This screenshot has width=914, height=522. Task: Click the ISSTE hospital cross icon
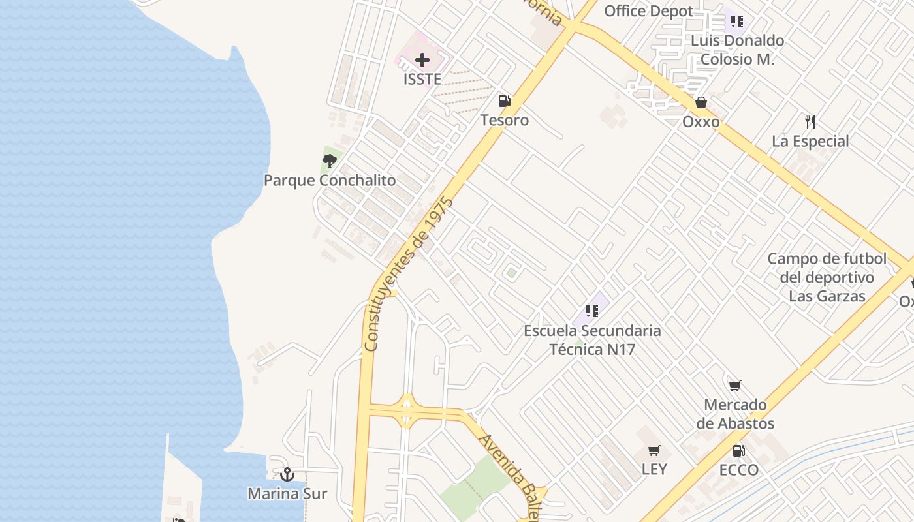(x=422, y=61)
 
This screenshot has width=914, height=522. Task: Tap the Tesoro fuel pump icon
(x=504, y=101)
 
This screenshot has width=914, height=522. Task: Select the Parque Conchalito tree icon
(x=330, y=161)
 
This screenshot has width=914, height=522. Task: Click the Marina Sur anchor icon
(x=287, y=474)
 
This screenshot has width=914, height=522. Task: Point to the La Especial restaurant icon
(x=810, y=121)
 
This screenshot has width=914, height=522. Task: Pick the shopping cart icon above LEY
(x=654, y=450)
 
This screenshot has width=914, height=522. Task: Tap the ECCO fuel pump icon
(x=738, y=451)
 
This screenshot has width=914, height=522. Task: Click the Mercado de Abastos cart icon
(x=735, y=386)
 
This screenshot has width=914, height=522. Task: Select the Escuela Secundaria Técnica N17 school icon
(x=592, y=311)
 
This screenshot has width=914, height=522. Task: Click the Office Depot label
(x=648, y=11)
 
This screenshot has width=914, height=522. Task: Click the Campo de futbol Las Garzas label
(x=827, y=277)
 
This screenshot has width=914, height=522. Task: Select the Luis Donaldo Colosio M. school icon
(x=737, y=22)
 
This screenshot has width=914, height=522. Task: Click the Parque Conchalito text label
(x=330, y=181)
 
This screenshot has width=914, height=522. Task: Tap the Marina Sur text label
(x=287, y=494)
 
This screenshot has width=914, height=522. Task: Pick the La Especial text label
(x=810, y=142)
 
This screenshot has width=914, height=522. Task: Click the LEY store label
(x=654, y=469)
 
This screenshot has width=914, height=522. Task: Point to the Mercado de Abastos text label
(x=735, y=414)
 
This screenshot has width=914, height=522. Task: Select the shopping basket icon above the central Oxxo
(x=701, y=102)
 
